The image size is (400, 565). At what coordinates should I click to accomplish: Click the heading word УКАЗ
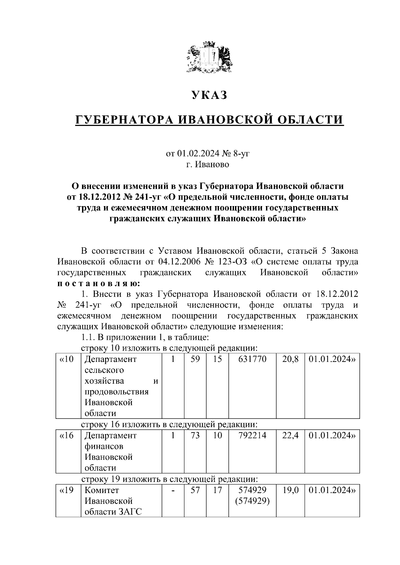(209, 95)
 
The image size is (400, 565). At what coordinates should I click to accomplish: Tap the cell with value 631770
(252, 359)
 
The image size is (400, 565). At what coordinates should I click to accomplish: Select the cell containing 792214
(252, 435)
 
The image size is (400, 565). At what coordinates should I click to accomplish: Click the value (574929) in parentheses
(252, 501)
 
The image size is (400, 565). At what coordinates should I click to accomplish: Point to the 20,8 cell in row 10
(290, 359)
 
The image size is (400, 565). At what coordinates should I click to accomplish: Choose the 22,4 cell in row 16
(290, 435)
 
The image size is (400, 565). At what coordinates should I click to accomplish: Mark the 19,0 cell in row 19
(290, 490)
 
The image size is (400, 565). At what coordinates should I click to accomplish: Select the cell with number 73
(195, 435)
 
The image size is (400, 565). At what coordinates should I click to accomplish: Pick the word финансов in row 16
(104, 446)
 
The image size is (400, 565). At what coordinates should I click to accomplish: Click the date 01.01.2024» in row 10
(332, 359)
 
